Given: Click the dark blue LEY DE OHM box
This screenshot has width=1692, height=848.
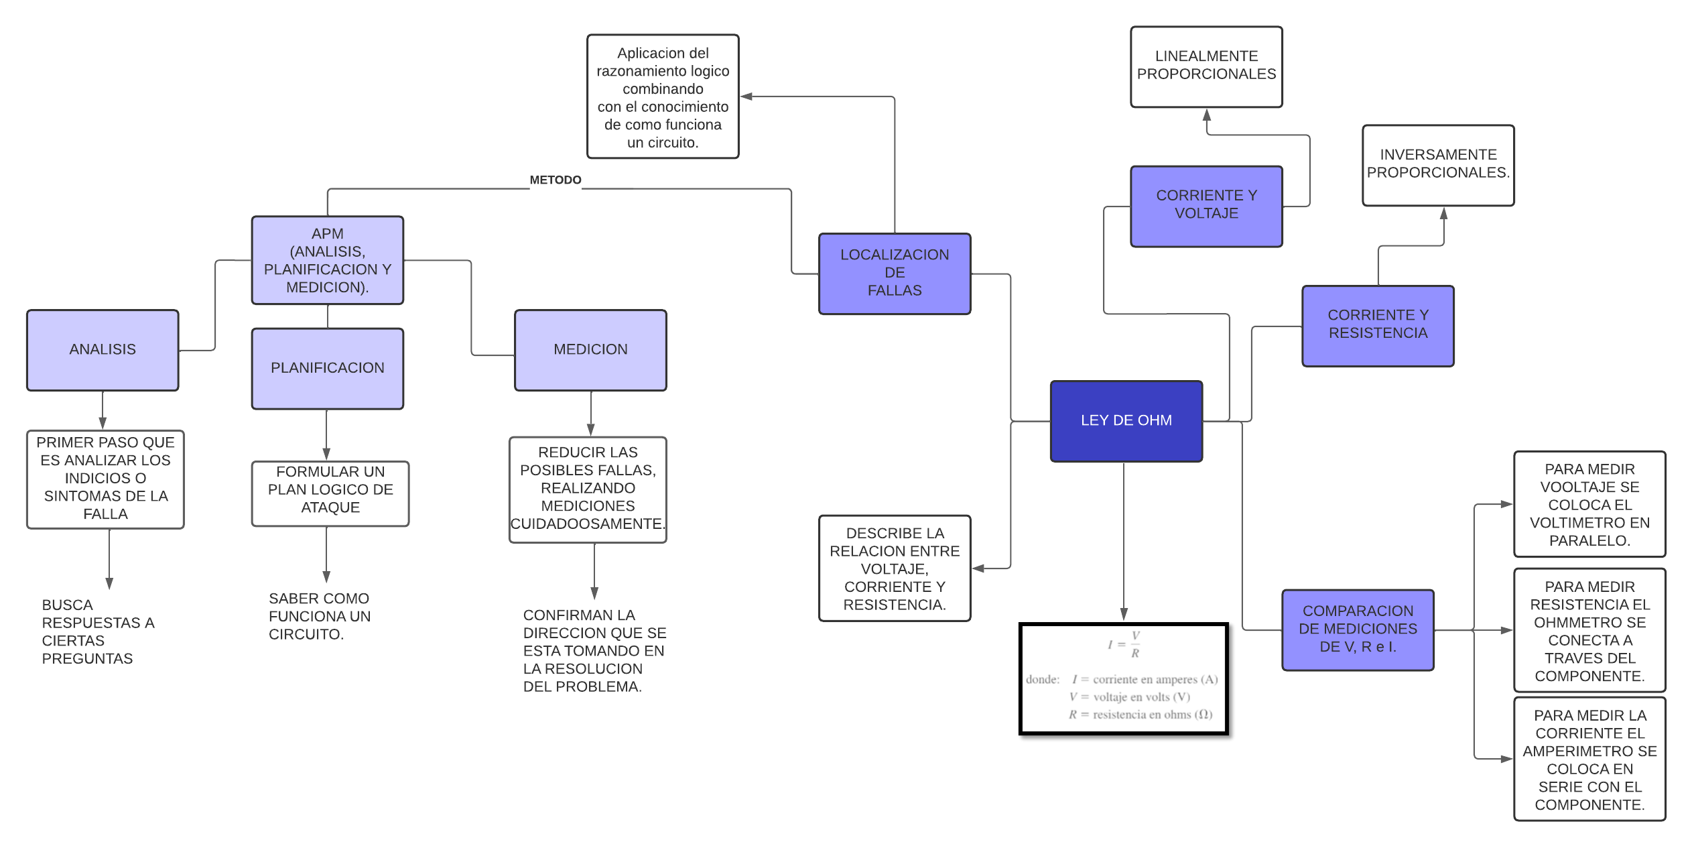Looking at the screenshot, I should [x=1126, y=421].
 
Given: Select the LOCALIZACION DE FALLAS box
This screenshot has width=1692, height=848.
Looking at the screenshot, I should [x=894, y=274].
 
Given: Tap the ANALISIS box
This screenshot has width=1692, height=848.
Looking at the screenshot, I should [x=103, y=350].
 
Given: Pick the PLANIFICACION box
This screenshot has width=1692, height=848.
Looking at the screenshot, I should [x=327, y=368].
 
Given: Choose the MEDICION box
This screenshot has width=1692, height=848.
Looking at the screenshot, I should [x=590, y=350].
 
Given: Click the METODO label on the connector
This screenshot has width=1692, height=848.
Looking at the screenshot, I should [x=555, y=180].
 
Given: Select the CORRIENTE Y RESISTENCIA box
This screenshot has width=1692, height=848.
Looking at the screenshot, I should [x=1377, y=325].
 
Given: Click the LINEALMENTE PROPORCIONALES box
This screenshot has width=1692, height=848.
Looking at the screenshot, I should [x=1206, y=66].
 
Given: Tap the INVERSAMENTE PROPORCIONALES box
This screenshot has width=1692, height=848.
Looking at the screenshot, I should [x=1437, y=165].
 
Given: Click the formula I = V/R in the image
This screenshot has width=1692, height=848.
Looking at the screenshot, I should [x=1124, y=644].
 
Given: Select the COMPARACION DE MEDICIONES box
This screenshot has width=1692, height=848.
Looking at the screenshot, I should [x=1357, y=629].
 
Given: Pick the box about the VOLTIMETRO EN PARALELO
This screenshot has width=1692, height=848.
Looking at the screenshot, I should [x=1589, y=504].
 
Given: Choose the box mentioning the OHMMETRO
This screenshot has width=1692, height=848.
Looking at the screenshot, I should [x=1589, y=630].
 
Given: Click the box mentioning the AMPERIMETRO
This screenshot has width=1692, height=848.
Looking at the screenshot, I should [x=1589, y=759].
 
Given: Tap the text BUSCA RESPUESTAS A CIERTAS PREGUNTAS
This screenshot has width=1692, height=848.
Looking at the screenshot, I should [x=97, y=631].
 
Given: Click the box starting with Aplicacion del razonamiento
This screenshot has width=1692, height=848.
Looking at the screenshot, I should [x=662, y=97].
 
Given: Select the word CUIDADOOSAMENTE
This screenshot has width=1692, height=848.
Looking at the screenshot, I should [x=587, y=524].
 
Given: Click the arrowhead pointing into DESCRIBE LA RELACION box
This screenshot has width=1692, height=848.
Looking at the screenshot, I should [x=978, y=568].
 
